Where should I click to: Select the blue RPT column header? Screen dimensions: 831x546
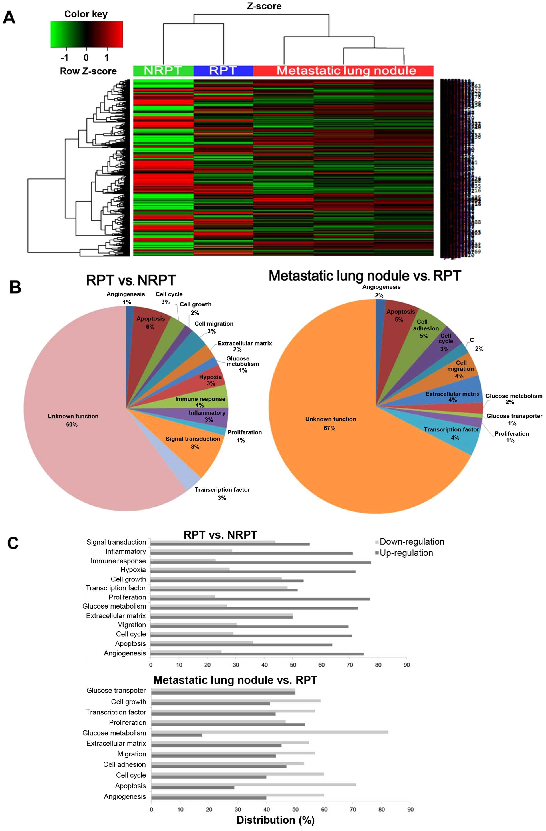click(x=223, y=71)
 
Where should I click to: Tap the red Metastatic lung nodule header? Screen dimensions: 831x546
click(x=343, y=71)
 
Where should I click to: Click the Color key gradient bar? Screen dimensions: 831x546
click(x=86, y=34)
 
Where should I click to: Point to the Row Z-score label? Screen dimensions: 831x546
click(x=88, y=71)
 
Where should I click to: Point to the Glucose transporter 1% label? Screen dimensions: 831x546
click(x=514, y=419)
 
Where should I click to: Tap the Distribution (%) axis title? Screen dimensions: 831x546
click(x=275, y=820)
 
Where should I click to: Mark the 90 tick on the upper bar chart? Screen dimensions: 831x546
click(x=406, y=665)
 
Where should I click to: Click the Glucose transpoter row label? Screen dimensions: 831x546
click(x=116, y=690)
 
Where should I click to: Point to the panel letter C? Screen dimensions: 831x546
click(x=13, y=543)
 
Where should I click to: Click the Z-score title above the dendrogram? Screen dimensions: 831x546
click(x=264, y=6)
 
